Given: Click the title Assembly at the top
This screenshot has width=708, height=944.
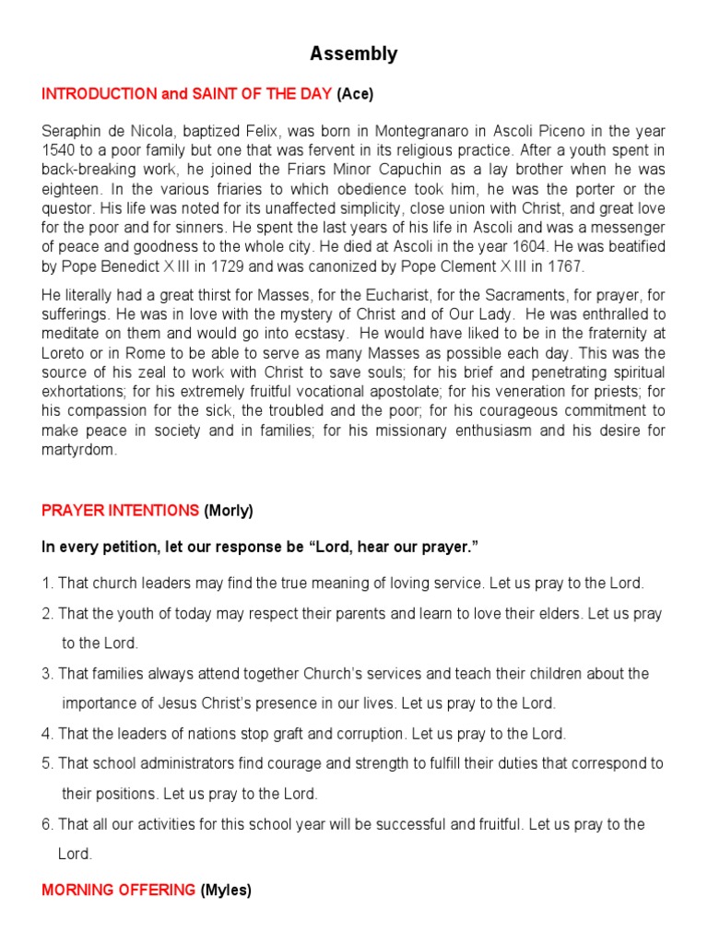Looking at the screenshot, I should point(354,54).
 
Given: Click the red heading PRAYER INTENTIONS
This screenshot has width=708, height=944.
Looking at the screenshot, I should point(120,510).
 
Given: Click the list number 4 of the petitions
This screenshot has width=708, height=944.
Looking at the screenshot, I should point(47,734).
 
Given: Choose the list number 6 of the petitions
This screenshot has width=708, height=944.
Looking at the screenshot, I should point(47,824).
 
